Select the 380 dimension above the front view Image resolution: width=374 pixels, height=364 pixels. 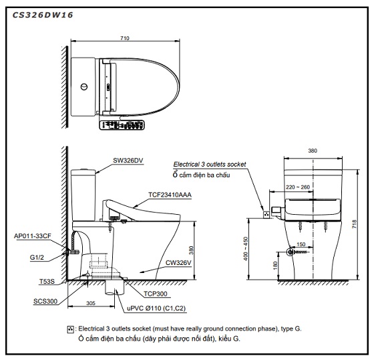click(x=313, y=151)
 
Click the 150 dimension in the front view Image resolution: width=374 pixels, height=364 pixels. click(x=301, y=245)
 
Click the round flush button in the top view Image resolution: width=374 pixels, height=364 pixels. click(x=83, y=87)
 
